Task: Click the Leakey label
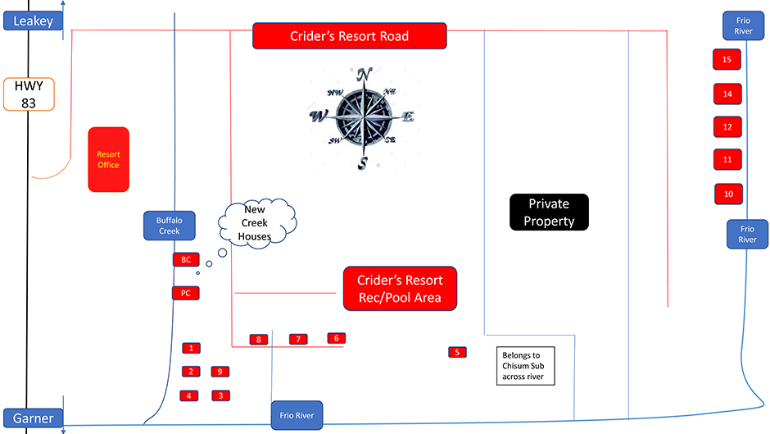coord(33,21)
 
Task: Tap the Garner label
coord(33,418)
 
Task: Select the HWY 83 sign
coord(29,94)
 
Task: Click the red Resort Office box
coord(108,159)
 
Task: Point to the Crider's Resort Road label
coord(349,36)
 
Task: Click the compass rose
coord(363,117)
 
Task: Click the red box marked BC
coord(186,259)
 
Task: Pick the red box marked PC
coord(186,292)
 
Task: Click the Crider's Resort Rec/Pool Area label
coord(399,288)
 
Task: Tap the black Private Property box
coord(548,212)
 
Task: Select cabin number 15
coord(727,59)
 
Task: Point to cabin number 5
coord(458,352)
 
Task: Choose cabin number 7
coord(298,339)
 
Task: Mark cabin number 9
coord(219,372)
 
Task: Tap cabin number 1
coord(191,348)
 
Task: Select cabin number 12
coord(727,127)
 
